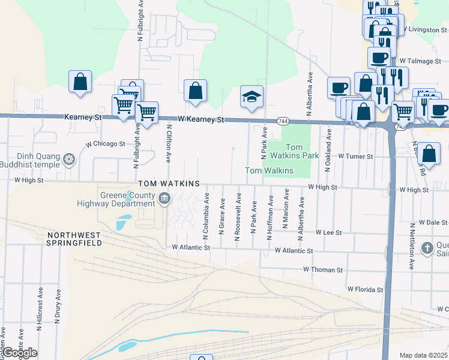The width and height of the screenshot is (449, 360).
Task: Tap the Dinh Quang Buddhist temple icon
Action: (x=70, y=160)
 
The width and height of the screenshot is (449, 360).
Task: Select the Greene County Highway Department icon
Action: (x=164, y=198)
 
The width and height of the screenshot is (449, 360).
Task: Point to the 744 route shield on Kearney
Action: (x=282, y=121)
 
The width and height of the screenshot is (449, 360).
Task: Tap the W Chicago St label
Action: (x=105, y=144)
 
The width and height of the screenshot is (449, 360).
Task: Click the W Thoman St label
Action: (x=322, y=270)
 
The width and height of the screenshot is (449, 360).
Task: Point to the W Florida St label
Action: (x=365, y=290)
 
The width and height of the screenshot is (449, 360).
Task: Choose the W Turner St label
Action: (x=355, y=156)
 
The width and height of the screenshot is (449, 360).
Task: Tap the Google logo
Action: (x=20, y=353)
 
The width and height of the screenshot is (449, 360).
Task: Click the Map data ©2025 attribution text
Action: (x=423, y=355)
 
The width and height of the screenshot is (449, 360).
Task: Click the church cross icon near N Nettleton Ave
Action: (x=427, y=248)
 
